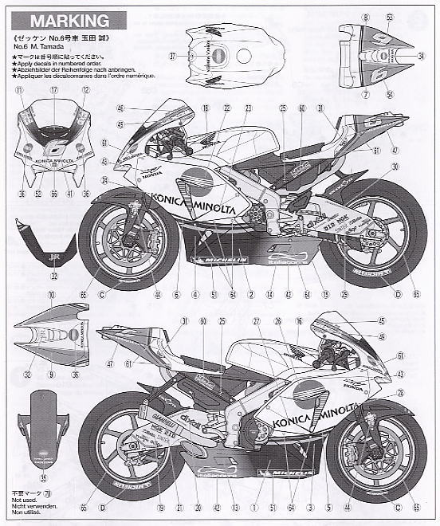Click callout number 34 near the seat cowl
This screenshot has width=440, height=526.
tap(421, 56)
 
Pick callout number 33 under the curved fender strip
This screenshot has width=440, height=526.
tap(31, 277)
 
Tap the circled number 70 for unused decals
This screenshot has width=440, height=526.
tap(46, 494)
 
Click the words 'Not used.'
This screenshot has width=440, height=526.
tap(24, 503)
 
